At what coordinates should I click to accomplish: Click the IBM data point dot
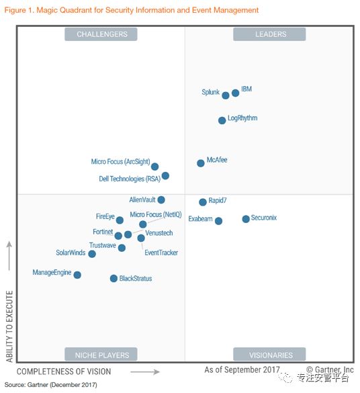[235, 93]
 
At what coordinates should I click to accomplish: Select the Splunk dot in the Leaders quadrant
[226, 95]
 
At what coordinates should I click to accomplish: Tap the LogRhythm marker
[222, 120]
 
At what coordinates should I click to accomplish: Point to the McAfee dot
[200, 163]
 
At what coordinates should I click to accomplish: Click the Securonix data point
[246, 219]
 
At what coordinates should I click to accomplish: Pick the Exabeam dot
[218, 221]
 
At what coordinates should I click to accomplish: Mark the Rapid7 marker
[202, 202]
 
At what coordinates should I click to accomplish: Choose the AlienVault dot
[161, 200]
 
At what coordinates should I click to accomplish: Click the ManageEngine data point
[77, 275]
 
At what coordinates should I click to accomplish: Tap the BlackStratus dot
[114, 278]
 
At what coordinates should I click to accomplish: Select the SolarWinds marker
[92, 254]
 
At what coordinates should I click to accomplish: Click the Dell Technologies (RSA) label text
[130, 179]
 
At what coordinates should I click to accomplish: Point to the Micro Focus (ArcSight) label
[120, 162]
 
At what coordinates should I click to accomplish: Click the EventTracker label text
[161, 253]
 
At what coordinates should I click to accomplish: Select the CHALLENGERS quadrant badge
[101, 34]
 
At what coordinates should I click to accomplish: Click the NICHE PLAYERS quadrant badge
[101, 355]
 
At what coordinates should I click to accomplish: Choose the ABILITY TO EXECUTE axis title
[9, 326]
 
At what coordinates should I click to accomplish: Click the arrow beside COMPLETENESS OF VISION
[145, 372]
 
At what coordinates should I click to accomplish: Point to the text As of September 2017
[242, 370]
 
